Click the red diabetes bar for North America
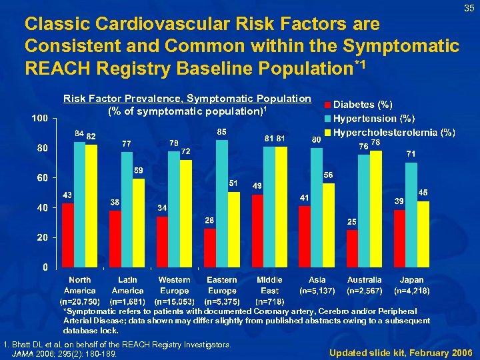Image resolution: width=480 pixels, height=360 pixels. click(x=68, y=235)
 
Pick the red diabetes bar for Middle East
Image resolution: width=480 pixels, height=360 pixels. click(x=257, y=230)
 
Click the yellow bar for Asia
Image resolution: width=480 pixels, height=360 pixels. click(x=328, y=225)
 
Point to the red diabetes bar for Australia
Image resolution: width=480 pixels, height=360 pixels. click(x=352, y=248)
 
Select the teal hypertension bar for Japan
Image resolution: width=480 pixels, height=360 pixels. click(x=411, y=213)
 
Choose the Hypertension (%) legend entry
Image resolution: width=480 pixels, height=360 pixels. click(x=373, y=119)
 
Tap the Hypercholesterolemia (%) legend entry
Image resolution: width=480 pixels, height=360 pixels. click(x=393, y=132)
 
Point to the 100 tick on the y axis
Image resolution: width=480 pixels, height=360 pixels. click(x=39, y=119)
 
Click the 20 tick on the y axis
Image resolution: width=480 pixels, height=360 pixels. click(x=42, y=237)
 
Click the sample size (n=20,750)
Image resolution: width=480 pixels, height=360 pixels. click(x=80, y=301)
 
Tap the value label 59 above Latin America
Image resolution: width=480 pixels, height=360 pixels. click(x=139, y=171)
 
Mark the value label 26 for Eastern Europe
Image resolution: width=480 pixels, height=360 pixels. click(x=209, y=220)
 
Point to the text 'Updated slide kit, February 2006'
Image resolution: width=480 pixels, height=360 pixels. click(x=400, y=351)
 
